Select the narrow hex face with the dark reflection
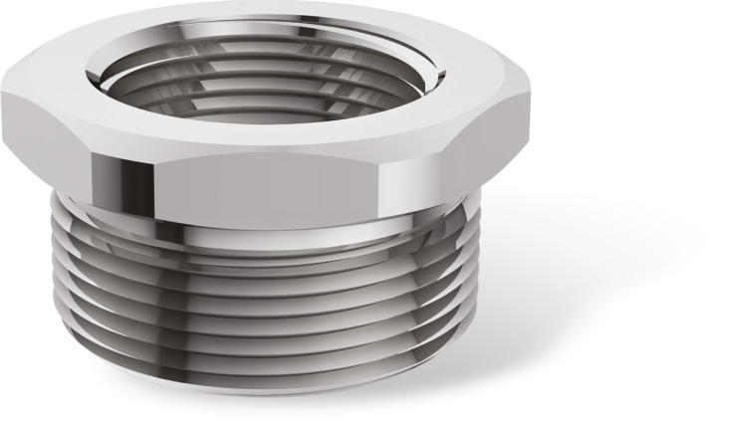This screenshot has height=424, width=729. click(x=126, y=164)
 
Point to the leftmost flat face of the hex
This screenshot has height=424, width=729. click(x=40, y=139)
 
